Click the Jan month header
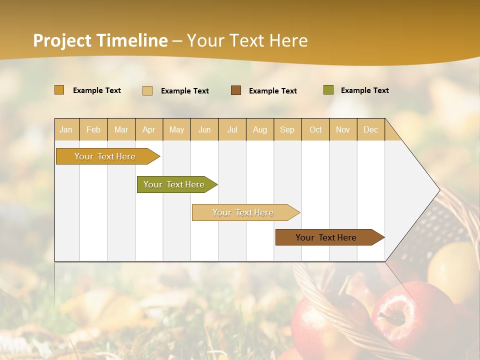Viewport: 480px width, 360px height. (x=66, y=129)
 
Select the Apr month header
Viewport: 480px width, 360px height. (x=149, y=129)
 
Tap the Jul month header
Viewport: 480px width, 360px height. (x=232, y=129)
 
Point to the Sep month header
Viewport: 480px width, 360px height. (x=287, y=129)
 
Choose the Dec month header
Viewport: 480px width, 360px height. (x=370, y=129)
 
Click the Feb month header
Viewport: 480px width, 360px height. (x=93, y=129)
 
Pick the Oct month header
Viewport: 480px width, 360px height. (x=315, y=129)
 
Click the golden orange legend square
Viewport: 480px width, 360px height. (x=59, y=90)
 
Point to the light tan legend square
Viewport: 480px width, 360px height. (x=147, y=90)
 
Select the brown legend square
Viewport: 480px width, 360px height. (x=236, y=90)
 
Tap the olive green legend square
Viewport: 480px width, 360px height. (x=328, y=90)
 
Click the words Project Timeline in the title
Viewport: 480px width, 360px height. (x=100, y=40)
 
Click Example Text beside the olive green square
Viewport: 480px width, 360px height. (x=364, y=90)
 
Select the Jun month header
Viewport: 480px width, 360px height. (x=204, y=129)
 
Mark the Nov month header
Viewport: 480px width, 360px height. (x=343, y=129)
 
